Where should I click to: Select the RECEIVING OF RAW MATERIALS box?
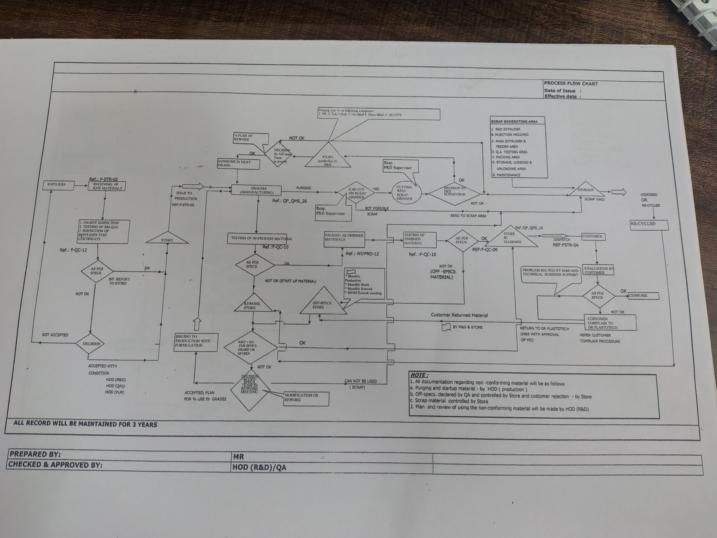[x=107, y=186]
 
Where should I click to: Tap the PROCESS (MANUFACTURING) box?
[x=256, y=190]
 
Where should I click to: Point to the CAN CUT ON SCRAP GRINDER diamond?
[x=357, y=193]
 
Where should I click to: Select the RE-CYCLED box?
[x=649, y=224]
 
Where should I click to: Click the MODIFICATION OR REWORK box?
[x=306, y=398]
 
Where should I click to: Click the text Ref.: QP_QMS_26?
[x=290, y=201]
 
